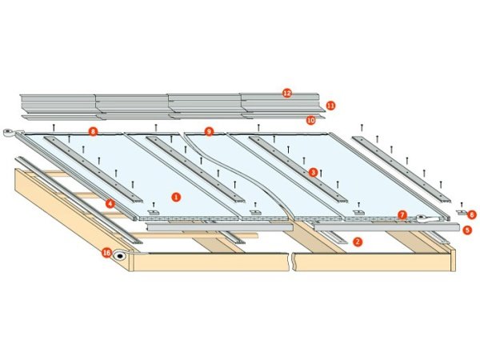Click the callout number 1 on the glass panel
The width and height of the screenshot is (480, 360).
tap(176, 195)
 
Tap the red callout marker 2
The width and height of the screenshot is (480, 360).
tap(358, 241)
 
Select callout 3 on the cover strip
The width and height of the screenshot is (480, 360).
tap(313, 171)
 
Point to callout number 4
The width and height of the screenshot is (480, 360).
tap(109, 203)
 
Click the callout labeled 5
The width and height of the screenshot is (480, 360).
tap(467, 230)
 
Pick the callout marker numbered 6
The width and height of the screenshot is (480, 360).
tap(472, 214)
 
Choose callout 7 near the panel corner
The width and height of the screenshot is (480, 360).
tap(402, 214)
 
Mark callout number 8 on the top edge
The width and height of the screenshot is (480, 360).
tap(94, 130)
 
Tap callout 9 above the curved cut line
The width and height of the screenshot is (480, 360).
tap(209, 130)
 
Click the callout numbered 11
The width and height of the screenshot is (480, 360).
tap(330, 105)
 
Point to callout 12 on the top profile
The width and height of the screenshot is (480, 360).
tap(286, 93)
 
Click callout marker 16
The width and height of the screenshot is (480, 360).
tap(106, 253)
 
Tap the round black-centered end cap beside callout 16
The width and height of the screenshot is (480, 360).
tap(121, 257)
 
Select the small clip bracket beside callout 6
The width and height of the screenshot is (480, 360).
tap(461, 213)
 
